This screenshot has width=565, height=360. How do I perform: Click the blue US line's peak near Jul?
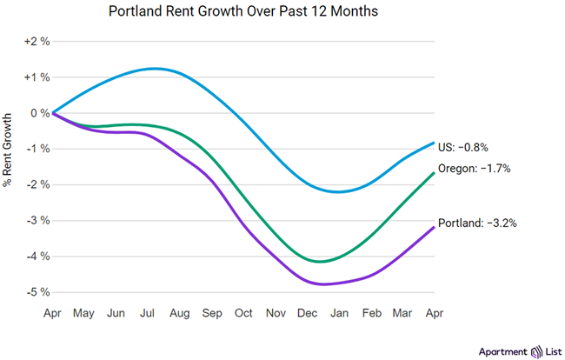[x=155, y=68]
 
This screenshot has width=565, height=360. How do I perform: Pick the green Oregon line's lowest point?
[x=320, y=261]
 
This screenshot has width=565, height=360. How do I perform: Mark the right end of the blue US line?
[x=434, y=143]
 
